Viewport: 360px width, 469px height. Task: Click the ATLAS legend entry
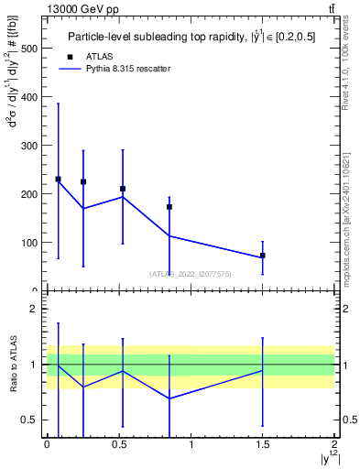(98, 56)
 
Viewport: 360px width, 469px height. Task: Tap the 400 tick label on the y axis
(27, 96)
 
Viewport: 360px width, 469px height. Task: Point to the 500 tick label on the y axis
(27, 48)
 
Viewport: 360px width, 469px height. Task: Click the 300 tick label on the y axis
(27, 145)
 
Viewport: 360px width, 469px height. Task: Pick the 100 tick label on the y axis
(27, 243)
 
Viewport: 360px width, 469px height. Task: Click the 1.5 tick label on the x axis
(263, 444)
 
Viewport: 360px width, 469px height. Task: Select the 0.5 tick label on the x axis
(119, 444)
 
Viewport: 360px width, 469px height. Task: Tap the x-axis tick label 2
(334, 444)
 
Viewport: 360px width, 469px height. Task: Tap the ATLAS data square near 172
(169, 207)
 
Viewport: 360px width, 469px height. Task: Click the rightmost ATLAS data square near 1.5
(263, 256)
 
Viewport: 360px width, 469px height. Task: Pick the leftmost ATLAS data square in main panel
(58, 179)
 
